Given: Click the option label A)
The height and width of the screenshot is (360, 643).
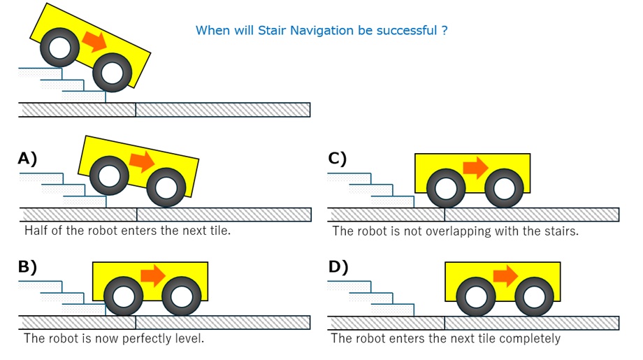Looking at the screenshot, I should [27, 159].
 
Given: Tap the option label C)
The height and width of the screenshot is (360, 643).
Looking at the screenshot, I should [338, 159].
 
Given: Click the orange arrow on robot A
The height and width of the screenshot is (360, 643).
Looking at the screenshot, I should [143, 161].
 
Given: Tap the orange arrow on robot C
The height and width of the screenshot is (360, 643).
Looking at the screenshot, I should [476, 167].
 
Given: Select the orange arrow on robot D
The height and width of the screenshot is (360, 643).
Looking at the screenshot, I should [505, 275].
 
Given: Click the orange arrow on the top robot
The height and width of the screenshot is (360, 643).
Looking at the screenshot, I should [94, 41].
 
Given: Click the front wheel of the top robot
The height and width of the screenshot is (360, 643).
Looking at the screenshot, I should [112, 71].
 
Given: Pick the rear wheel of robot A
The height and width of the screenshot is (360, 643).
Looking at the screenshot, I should [109, 175].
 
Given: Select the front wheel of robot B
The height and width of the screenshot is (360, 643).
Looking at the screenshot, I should [182, 297].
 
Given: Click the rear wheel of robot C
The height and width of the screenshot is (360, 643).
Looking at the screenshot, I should [446, 189].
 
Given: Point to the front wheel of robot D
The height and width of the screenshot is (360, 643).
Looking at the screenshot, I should [535, 297].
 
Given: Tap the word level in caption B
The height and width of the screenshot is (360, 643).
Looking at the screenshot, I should [189, 339].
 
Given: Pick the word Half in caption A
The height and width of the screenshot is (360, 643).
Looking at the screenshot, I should [36, 230].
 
